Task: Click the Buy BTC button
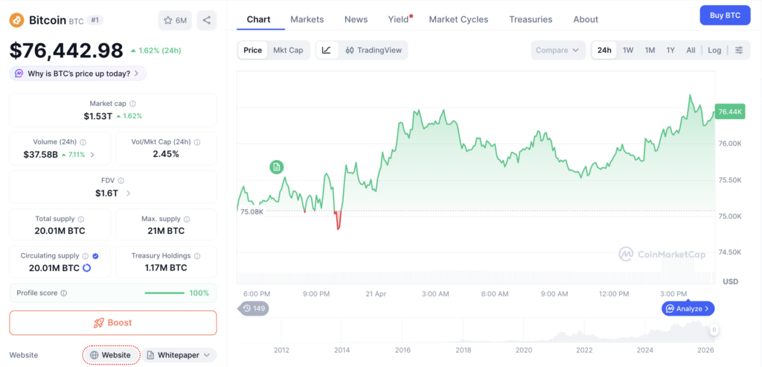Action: point(725,15)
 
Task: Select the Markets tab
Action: point(307,19)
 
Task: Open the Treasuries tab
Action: point(531,19)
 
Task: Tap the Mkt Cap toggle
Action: point(288,50)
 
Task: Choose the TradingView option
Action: point(374,50)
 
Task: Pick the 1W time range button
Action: point(628,50)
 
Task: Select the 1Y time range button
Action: point(670,50)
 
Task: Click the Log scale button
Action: point(714,50)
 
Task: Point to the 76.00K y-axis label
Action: point(730,144)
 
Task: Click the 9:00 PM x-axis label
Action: point(317,294)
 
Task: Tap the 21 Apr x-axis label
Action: point(376,294)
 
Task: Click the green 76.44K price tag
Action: point(730,112)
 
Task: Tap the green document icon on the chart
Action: point(277,167)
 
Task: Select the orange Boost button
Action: point(113,323)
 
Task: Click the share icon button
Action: point(207,20)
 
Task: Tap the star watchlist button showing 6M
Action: point(176,20)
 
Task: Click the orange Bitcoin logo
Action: point(18,20)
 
